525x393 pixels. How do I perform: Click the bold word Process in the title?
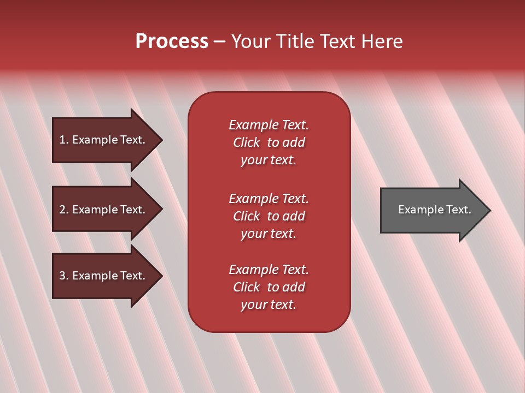coord(172,41)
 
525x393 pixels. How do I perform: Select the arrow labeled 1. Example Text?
coord(104,140)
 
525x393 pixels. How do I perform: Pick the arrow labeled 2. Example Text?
coord(104,210)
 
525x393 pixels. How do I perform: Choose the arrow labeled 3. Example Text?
coord(104,276)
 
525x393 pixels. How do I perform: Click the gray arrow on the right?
coord(432,210)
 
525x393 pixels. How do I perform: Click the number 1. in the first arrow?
coord(63,140)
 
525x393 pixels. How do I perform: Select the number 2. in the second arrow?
coord(63,210)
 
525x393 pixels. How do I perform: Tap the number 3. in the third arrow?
coord(63,276)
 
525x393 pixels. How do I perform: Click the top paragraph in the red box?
coord(269,142)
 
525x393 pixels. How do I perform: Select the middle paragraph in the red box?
coord(269,216)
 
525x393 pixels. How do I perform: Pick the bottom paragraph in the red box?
coord(269,287)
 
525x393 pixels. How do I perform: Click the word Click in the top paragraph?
coord(246,142)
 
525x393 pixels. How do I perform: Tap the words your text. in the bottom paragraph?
coord(269,305)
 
